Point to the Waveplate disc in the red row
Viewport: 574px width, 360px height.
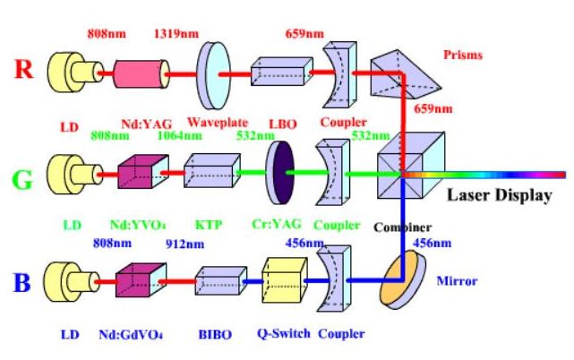pos(209,68)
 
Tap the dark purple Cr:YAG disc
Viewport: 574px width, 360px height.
pos(282,171)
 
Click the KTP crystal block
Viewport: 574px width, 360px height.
pos(211,170)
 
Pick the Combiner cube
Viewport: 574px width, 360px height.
pos(402,170)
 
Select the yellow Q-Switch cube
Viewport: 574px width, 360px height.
pos(282,279)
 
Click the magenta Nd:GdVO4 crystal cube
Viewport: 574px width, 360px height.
pos(137,282)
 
